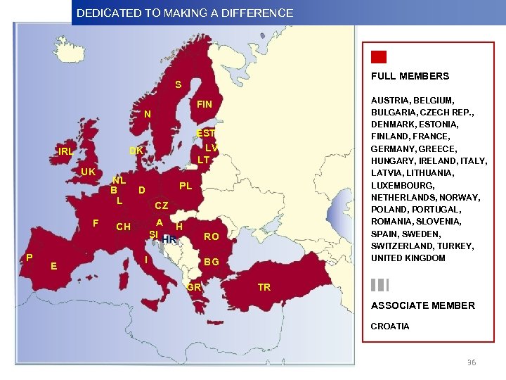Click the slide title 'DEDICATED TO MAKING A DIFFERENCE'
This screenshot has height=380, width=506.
click(185, 13)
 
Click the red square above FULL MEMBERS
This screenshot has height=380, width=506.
click(379, 58)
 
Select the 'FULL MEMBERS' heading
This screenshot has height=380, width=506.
click(410, 76)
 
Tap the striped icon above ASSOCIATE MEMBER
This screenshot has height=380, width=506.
click(379, 285)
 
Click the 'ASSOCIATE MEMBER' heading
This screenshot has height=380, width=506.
click(423, 305)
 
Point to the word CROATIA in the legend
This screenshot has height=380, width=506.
click(390, 327)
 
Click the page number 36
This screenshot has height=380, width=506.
click(472, 362)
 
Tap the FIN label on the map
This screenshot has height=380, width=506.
click(204, 105)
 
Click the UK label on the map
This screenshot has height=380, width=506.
click(88, 172)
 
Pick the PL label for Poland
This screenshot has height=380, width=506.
click(186, 186)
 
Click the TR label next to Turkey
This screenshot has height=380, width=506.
click(264, 287)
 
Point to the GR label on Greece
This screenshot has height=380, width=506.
click(195, 287)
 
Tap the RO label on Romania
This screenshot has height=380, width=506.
click(211, 237)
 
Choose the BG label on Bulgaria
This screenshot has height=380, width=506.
click(212, 262)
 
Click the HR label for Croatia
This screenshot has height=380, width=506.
click(169, 239)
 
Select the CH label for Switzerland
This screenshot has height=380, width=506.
click(123, 227)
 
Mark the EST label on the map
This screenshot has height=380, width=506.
click(206, 133)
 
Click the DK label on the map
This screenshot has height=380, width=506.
click(136, 151)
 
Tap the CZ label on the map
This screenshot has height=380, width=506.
click(161, 205)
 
